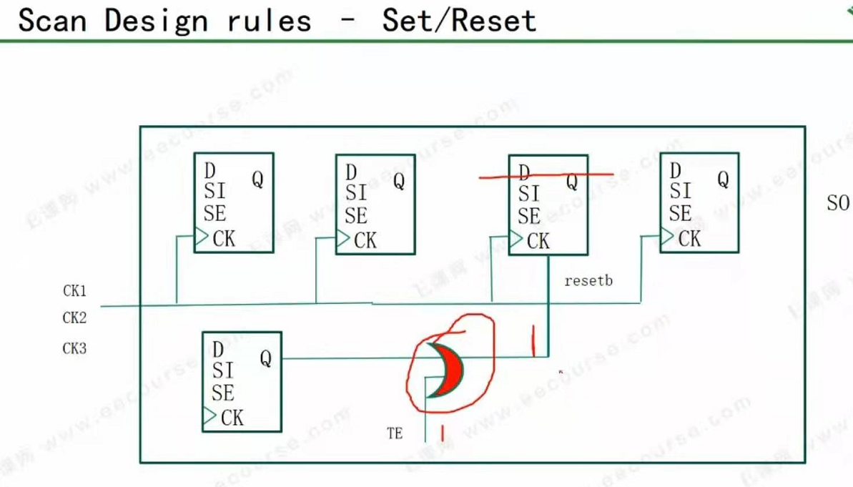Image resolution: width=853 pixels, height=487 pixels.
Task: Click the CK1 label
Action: pyautogui.click(x=74, y=291)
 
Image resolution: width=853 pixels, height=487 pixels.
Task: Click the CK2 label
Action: pyautogui.click(x=74, y=318)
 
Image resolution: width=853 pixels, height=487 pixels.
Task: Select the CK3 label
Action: pyautogui.click(x=74, y=349)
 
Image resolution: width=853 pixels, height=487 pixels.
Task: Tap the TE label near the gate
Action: pyautogui.click(x=395, y=433)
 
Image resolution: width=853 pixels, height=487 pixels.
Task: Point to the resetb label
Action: pyautogui.click(x=588, y=281)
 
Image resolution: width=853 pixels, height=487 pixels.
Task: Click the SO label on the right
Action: pyautogui.click(x=838, y=204)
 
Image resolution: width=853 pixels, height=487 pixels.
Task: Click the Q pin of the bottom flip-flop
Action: pyautogui.click(x=265, y=358)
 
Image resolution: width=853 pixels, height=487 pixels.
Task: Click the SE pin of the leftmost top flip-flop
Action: pyautogui.click(x=215, y=213)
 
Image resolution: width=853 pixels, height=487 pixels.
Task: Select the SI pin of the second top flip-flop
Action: pyautogui.click(x=356, y=193)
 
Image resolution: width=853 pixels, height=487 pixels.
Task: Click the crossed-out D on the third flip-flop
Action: pyautogui.click(x=525, y=173)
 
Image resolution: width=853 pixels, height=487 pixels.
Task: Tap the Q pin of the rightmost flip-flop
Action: pyautogui.click(x=723, y=179)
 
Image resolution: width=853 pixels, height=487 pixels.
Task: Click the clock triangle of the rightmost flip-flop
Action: pyautogui.click(x=666, y=236)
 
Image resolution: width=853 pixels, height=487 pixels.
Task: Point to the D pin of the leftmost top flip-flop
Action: pyautogui.click(x=209, y=171)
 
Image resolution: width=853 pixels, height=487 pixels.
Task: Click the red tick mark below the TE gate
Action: pyautogui.click(x=443, y=433)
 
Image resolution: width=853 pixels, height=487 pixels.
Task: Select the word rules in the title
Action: pyautogui.click(x=270, y=21)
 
